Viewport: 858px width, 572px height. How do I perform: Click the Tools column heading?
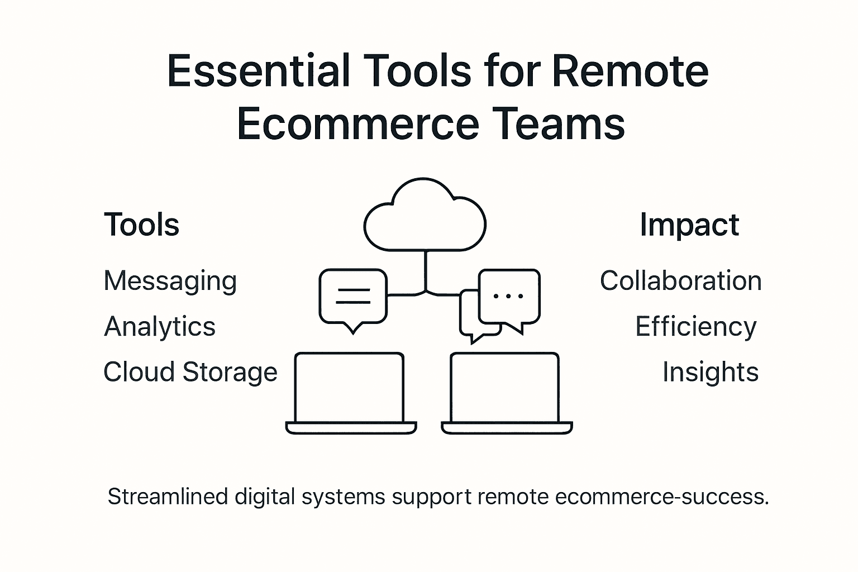[142, 225]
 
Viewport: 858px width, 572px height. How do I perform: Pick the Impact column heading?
[689, 225]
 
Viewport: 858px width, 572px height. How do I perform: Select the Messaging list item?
[170, 281]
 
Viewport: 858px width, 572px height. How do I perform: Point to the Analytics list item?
[160, 327]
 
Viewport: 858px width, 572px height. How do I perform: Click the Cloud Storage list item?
[190, 372]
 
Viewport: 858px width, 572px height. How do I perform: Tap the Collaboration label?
[680, 281]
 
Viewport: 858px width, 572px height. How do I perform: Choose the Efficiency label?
[696, 327]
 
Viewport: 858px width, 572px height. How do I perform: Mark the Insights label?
[710, 372]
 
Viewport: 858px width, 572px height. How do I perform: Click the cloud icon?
[425, 218]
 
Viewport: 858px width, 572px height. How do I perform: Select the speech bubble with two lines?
[353, 297]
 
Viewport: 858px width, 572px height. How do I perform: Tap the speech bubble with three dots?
[509, 297]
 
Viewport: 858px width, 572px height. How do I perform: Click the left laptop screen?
[349, 388]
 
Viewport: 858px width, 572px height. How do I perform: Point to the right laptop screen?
[504, 388]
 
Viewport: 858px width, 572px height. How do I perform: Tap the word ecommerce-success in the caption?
[662, 497]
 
